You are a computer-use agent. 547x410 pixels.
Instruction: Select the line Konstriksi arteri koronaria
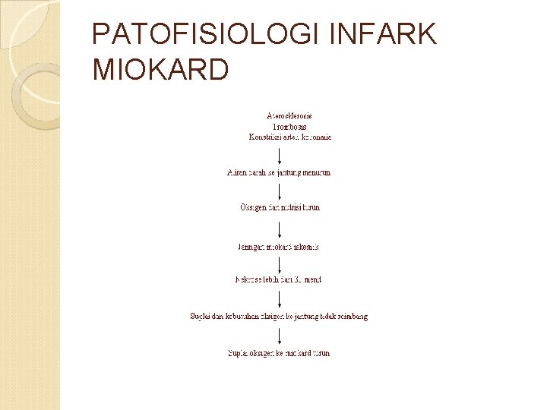(290, 137)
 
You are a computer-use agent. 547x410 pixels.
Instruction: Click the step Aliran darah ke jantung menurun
(279, 172)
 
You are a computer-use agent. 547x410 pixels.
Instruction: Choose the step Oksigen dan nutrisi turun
(280, 207)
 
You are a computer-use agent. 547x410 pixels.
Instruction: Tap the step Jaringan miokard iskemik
(279, 247)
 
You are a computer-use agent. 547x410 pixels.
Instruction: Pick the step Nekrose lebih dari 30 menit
(279, 279)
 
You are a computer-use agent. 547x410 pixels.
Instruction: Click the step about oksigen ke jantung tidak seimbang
(279, 316)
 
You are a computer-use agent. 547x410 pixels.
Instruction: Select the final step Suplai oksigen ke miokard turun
(279, 353)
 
